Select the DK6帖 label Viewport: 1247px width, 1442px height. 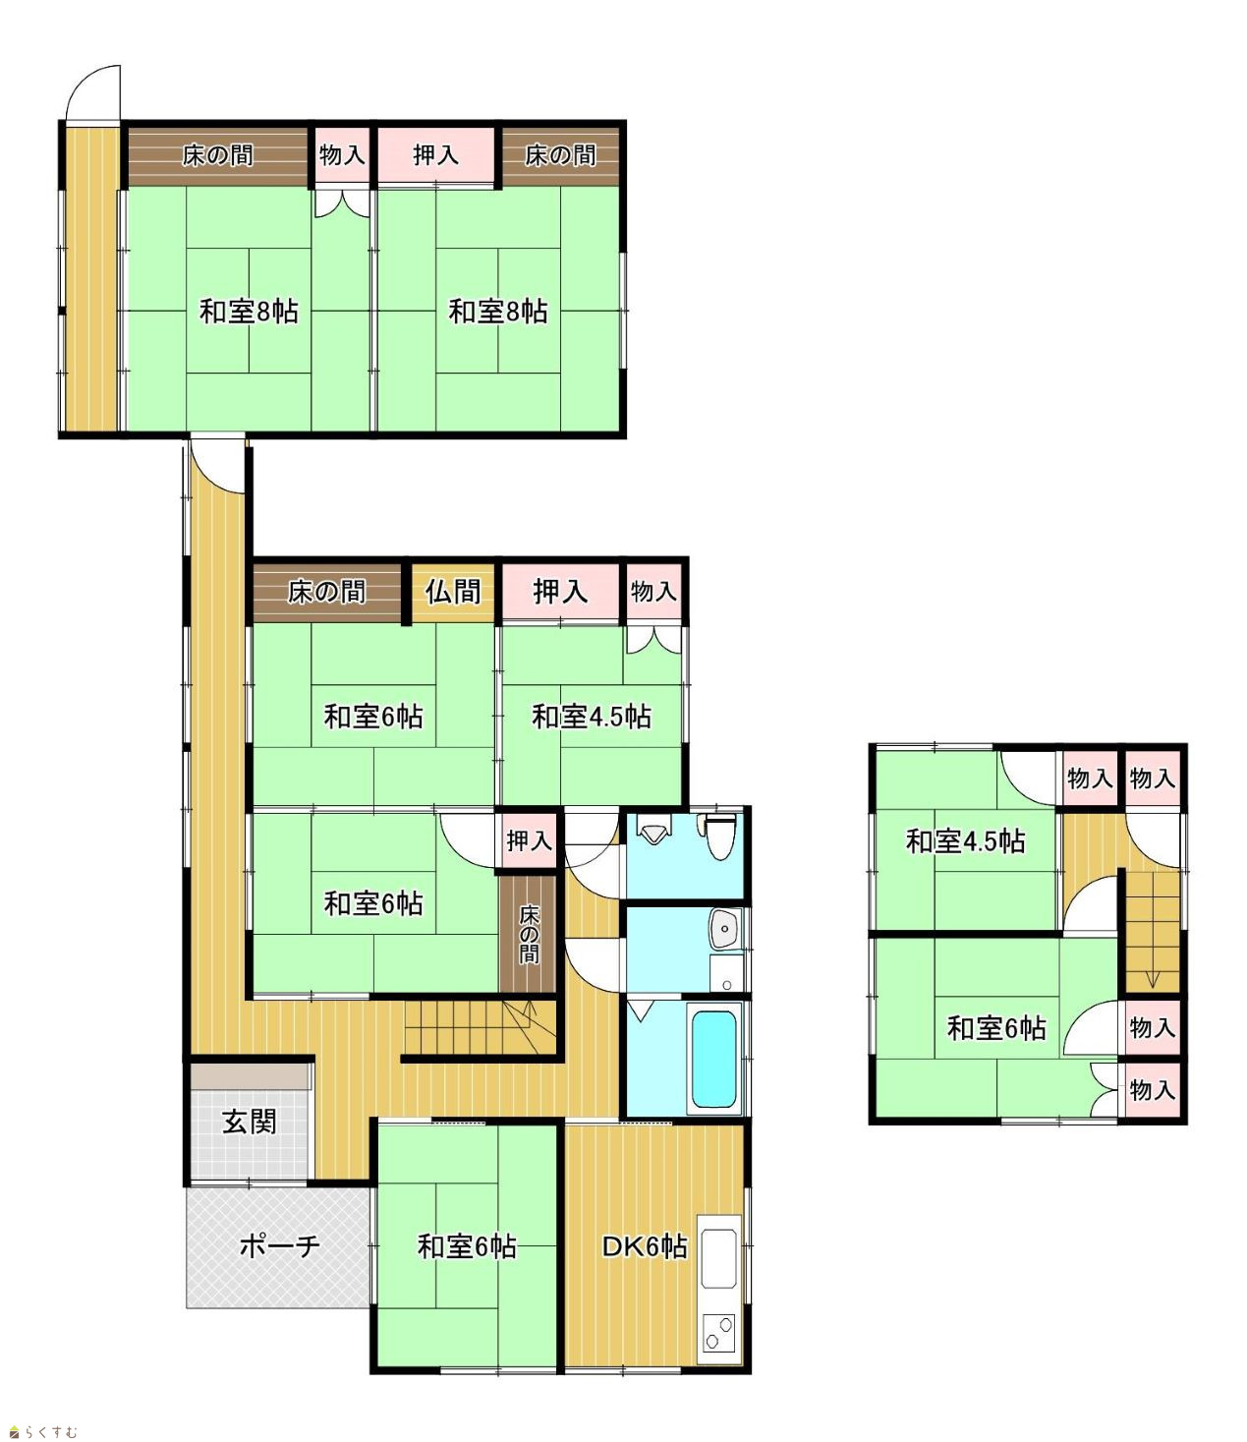[x=645, y=1246]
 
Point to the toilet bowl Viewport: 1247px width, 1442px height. [x=719, y=839]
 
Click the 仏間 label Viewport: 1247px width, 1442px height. [x=453, y=592]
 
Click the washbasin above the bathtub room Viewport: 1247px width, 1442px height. [x=725, y=929]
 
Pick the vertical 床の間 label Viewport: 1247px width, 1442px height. [x=529, y=934]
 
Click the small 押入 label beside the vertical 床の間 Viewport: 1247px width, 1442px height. [x=530, y=840]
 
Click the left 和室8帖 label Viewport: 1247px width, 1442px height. [x=249, y=312]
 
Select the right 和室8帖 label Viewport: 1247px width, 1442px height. [x=497, y=312]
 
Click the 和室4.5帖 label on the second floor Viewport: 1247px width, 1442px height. [x=965, y=841]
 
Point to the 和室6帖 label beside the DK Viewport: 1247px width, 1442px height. [x=467, y=1246]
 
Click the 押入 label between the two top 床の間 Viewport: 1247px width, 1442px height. [x=436, y=154]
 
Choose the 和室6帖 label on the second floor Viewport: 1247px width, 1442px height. [x=995, y=1028]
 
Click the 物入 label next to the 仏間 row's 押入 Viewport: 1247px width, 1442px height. [x=653, y=592]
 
